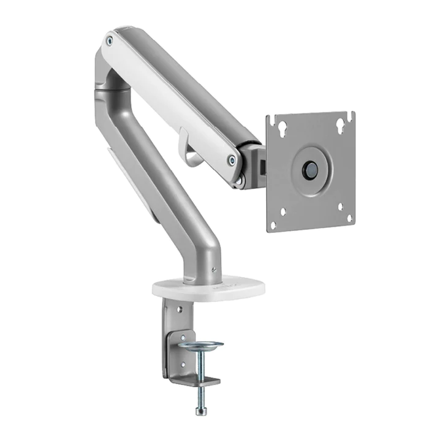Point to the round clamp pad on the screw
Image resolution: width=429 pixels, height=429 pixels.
coord(200,346)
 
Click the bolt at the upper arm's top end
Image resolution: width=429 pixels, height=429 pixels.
coord(110,40)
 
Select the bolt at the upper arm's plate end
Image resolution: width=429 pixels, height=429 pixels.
coord(232,161)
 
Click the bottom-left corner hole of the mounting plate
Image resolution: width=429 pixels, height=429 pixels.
coord(283,212)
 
